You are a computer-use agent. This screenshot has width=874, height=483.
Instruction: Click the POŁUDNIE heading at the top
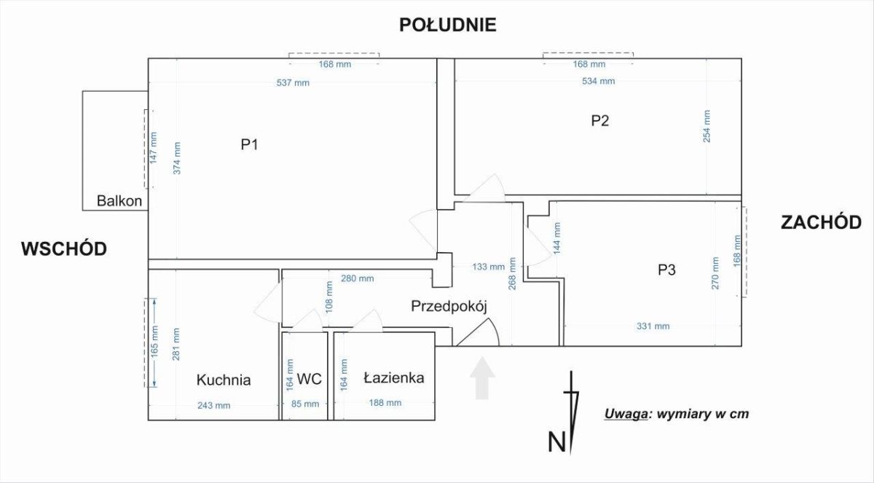pyautogui.click(x=447, y=25)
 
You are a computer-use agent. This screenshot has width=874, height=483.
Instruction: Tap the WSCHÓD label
pyautogui.click(x=64, y=248)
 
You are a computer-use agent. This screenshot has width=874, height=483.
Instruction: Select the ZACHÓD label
pyautogui.click(x=820, y=222)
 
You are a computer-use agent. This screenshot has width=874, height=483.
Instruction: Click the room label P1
pyautogui.click(x=250, y=145)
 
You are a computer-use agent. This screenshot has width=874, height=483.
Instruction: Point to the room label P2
pyautogui.click(x=599, y=121)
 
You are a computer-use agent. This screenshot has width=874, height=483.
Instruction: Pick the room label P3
pyautogui.click(x=666, y=270)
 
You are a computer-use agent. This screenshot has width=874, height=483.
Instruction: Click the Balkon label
pyautogui.click(x=119, y=202)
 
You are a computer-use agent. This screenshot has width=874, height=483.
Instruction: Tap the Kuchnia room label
pyautogui.click(x=224, y=380)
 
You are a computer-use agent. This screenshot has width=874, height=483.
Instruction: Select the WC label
pyautogui.click(x=310, y=380)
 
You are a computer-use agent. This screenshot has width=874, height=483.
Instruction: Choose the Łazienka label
pyautogui.click(x=393, y=379)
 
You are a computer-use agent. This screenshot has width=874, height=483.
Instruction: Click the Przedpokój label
pyautogui.click(x=448, y=306)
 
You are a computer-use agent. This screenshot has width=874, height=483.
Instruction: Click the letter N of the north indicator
pyautogui.click(x=556, y=441)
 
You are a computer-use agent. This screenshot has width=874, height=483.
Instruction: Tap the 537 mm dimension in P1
pyautogui.click(x=293, y=82)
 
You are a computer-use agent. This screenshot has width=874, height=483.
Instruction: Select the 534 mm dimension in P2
pyautogui.click(x=598, y=81)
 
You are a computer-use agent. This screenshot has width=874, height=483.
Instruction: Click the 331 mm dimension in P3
pyautogui.click(x=653, y=326)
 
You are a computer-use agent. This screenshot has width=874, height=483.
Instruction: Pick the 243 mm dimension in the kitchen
pyautogui.click(x=214, y=405)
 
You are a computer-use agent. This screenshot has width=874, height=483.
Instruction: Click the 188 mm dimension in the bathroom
pyautogui.click(x=385, y=403)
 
